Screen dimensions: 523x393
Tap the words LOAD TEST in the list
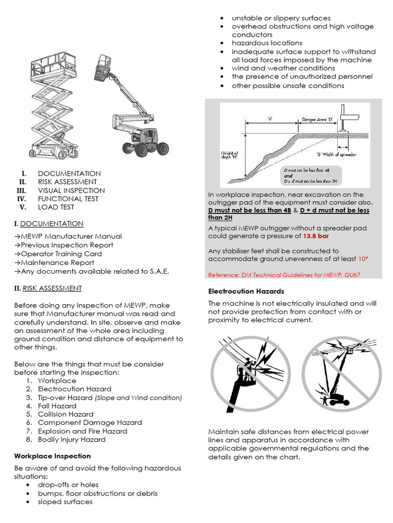pos(56,207)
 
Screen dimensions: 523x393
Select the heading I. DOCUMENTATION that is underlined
pos(49,224)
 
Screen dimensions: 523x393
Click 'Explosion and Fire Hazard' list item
pos(82,431)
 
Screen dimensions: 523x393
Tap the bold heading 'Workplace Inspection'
pos(52,456)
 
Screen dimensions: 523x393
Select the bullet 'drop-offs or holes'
pos(68,485)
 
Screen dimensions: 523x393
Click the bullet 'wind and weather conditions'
pos(283,68)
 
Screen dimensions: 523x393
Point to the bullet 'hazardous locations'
pos(267,43)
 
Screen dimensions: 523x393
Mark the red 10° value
pos(363,259)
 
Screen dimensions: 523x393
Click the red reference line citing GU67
pos(284,275)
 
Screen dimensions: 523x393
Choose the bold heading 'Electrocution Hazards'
pos(246,291)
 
